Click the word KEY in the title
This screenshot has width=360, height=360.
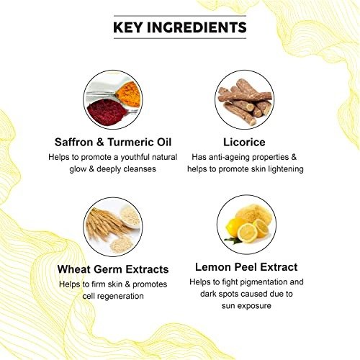[127, 27]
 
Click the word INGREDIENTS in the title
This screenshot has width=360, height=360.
[197, 27]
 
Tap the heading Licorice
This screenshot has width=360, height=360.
[244, 142]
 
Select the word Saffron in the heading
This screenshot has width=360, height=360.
[73, 142]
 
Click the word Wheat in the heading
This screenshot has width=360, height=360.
[73, 269]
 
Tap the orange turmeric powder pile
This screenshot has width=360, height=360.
[128, 94]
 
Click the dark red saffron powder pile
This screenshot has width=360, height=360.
[107, 112]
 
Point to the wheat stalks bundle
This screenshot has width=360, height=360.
[106, 225]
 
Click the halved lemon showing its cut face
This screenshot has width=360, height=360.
[247, 233]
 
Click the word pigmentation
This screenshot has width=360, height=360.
[264, 282]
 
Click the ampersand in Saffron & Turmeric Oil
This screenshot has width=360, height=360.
[100, 142]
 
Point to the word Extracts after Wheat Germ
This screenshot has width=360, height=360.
[147, 269]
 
